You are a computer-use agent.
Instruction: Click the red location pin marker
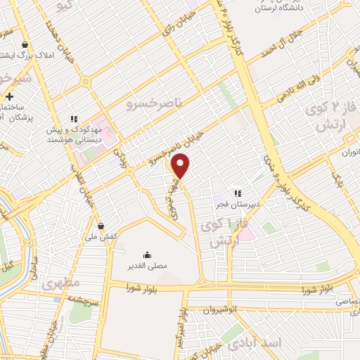(x=181, y=166)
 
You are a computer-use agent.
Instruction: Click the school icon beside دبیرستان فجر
(x=238, y=193)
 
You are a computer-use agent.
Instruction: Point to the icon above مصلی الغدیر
(x=147, y=254)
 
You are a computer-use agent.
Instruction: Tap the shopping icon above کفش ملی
(x=103, y=226)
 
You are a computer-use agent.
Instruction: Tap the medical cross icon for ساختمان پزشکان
(x=9, y=96)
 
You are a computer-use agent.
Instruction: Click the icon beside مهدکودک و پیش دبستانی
(x=73, y=119)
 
